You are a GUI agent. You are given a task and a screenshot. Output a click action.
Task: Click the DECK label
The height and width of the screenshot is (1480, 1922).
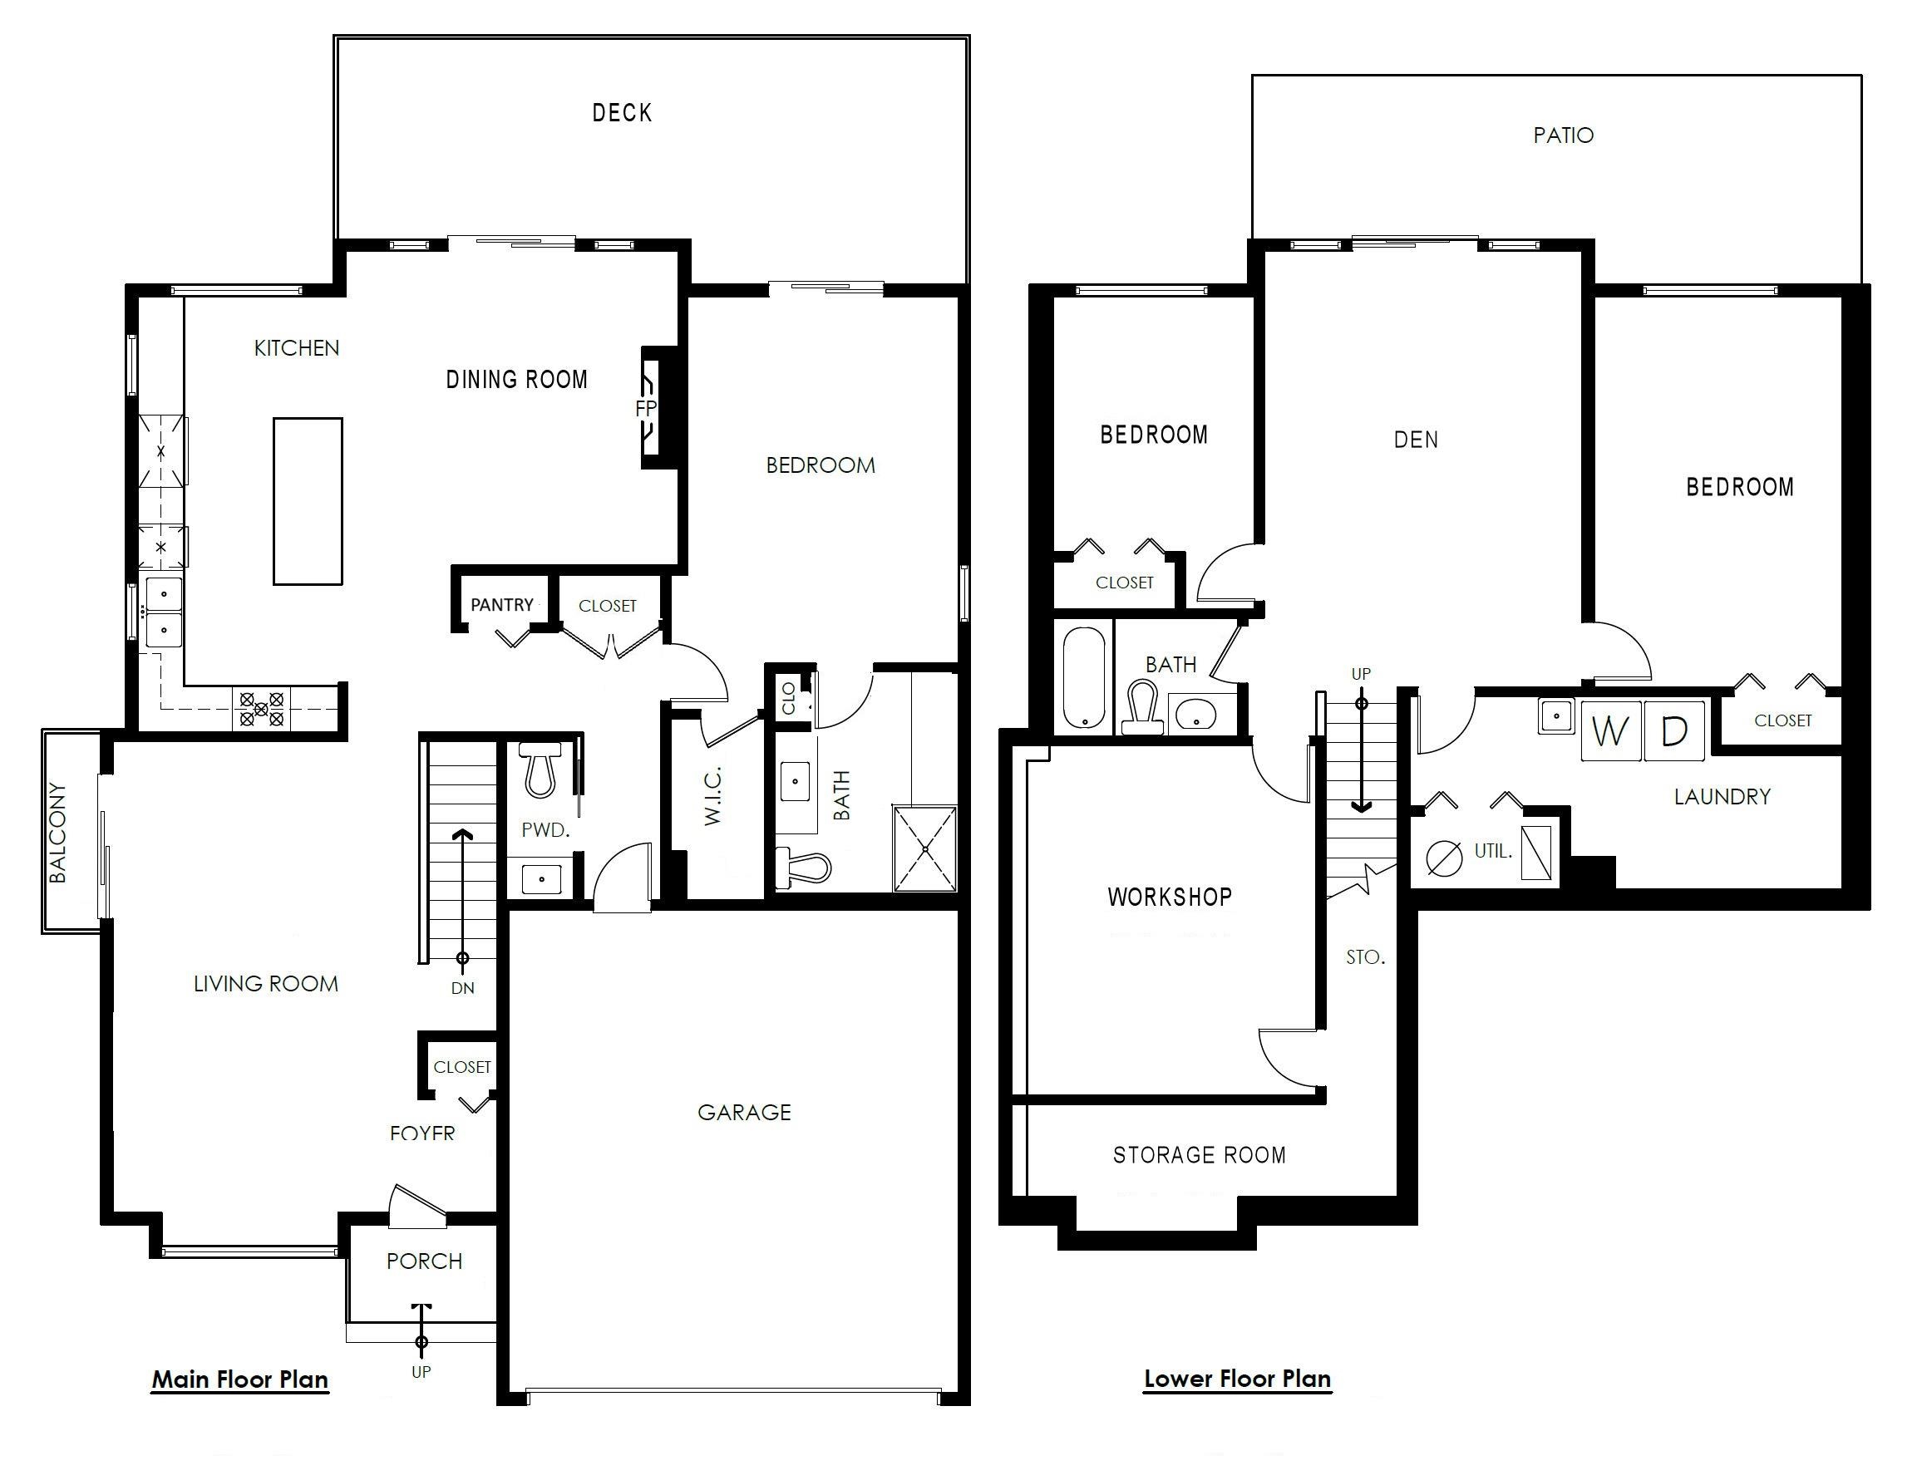pos(621,113)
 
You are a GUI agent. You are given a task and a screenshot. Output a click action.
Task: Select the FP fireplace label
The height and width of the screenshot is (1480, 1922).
pos(646,408)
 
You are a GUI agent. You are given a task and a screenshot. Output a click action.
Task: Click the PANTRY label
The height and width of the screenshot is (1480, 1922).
pos(501,604)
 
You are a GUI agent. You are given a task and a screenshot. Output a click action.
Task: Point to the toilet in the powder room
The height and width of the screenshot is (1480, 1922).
pos(542,769)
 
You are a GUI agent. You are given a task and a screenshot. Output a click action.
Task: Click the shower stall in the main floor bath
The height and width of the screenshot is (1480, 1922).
pos(925,848)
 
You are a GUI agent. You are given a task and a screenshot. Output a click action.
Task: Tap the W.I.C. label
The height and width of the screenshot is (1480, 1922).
pos(712,795)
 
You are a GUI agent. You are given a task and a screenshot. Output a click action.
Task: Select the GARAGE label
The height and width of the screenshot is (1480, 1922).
pos(745,1112)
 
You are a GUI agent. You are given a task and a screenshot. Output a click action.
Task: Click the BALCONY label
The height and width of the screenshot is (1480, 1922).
pos(57,833)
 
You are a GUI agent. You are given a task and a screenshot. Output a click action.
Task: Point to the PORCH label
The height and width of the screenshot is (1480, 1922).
pos(424,1261)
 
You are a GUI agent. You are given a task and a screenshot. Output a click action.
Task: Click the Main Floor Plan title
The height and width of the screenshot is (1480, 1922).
pos(240,1379)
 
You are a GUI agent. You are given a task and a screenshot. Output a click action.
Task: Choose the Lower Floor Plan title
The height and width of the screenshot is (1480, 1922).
pos(1237,1379)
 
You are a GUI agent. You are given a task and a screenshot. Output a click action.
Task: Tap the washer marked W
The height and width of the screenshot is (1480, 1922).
pos(1611,730)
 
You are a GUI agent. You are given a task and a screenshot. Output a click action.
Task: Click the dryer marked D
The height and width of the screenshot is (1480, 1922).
pos(1673,730)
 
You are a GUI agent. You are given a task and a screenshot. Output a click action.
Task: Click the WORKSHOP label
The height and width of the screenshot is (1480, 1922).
pos(1170,897)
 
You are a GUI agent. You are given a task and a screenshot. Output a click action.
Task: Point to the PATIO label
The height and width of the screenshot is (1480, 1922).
pos(1564,135)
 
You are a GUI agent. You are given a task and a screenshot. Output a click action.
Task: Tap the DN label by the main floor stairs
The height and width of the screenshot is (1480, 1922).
pos(463,988)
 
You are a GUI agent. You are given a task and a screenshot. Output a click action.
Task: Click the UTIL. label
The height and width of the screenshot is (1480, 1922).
pos(1493,851)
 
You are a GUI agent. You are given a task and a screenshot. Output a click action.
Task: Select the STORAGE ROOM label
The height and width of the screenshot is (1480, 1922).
pos(1200,1154)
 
